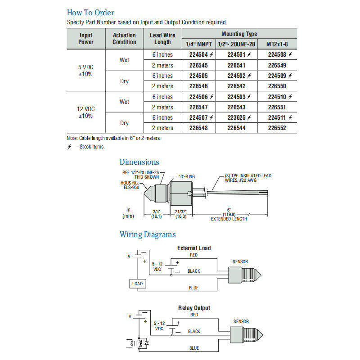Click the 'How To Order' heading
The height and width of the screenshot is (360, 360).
pyautogui.click(x=90, y=13)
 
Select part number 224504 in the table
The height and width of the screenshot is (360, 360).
pyautogui.click(x=198, y=54)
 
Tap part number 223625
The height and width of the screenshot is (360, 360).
pyautogui.click(x=237, y=117)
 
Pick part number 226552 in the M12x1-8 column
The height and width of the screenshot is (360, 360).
pyautogui.click(x=277, y=128)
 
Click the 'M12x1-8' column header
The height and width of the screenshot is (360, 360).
pyautogui.click(x=277, y=44)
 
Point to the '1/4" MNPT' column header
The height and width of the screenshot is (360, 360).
pyautogui.click(x=198, y=44)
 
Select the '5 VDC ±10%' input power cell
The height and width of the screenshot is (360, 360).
pyautogui.click(x=85, y=71)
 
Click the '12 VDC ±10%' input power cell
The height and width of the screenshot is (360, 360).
pyautogui.click(x=85, y=112)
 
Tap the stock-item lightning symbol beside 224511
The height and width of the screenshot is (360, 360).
pyautogui.click(x=290, y=117)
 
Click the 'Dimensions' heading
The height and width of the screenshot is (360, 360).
pyautogui.click(x=139, y=162)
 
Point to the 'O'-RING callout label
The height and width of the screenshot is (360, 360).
pyautogui.click(x=187, y=176)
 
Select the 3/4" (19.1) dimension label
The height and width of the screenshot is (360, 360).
pyautogui.click(x=156, y=214)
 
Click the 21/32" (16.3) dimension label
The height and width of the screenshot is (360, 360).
pyautogui.click(x=181, y=214)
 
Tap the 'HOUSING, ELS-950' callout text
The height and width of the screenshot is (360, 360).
pyautogui.click(x=130, y=185)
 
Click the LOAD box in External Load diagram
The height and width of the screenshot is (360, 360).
pyautogui.click(x=138, y=283)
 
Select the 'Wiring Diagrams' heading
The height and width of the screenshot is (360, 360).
pyautogui.click(x=148, y=234)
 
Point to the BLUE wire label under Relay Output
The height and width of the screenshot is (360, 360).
pyautogui.click(x=194, y=348)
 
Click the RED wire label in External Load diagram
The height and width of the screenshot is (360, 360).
pyautogui.click(x=194, y=255)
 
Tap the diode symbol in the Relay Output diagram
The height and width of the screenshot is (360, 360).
pyautogui.click(x=147, y=343)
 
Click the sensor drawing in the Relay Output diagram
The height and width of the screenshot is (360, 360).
pyautogui.click(x=246, y=335)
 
